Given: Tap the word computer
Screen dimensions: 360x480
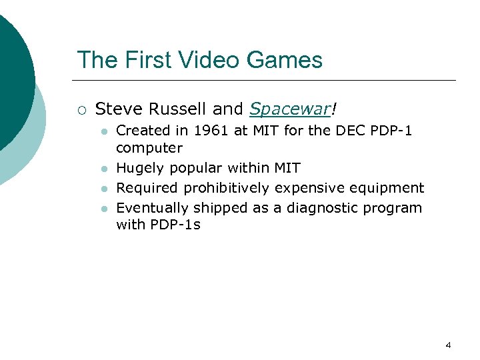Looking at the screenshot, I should (x=149, y=148).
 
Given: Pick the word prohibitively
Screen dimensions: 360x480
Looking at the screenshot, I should (x=228, y=188).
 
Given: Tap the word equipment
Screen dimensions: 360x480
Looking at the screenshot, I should (x=391, y=188).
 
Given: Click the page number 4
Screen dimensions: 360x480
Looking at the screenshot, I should (x=448, y=345).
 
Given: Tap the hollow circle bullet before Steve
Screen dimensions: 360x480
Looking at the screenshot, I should (x=81, y=109).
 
